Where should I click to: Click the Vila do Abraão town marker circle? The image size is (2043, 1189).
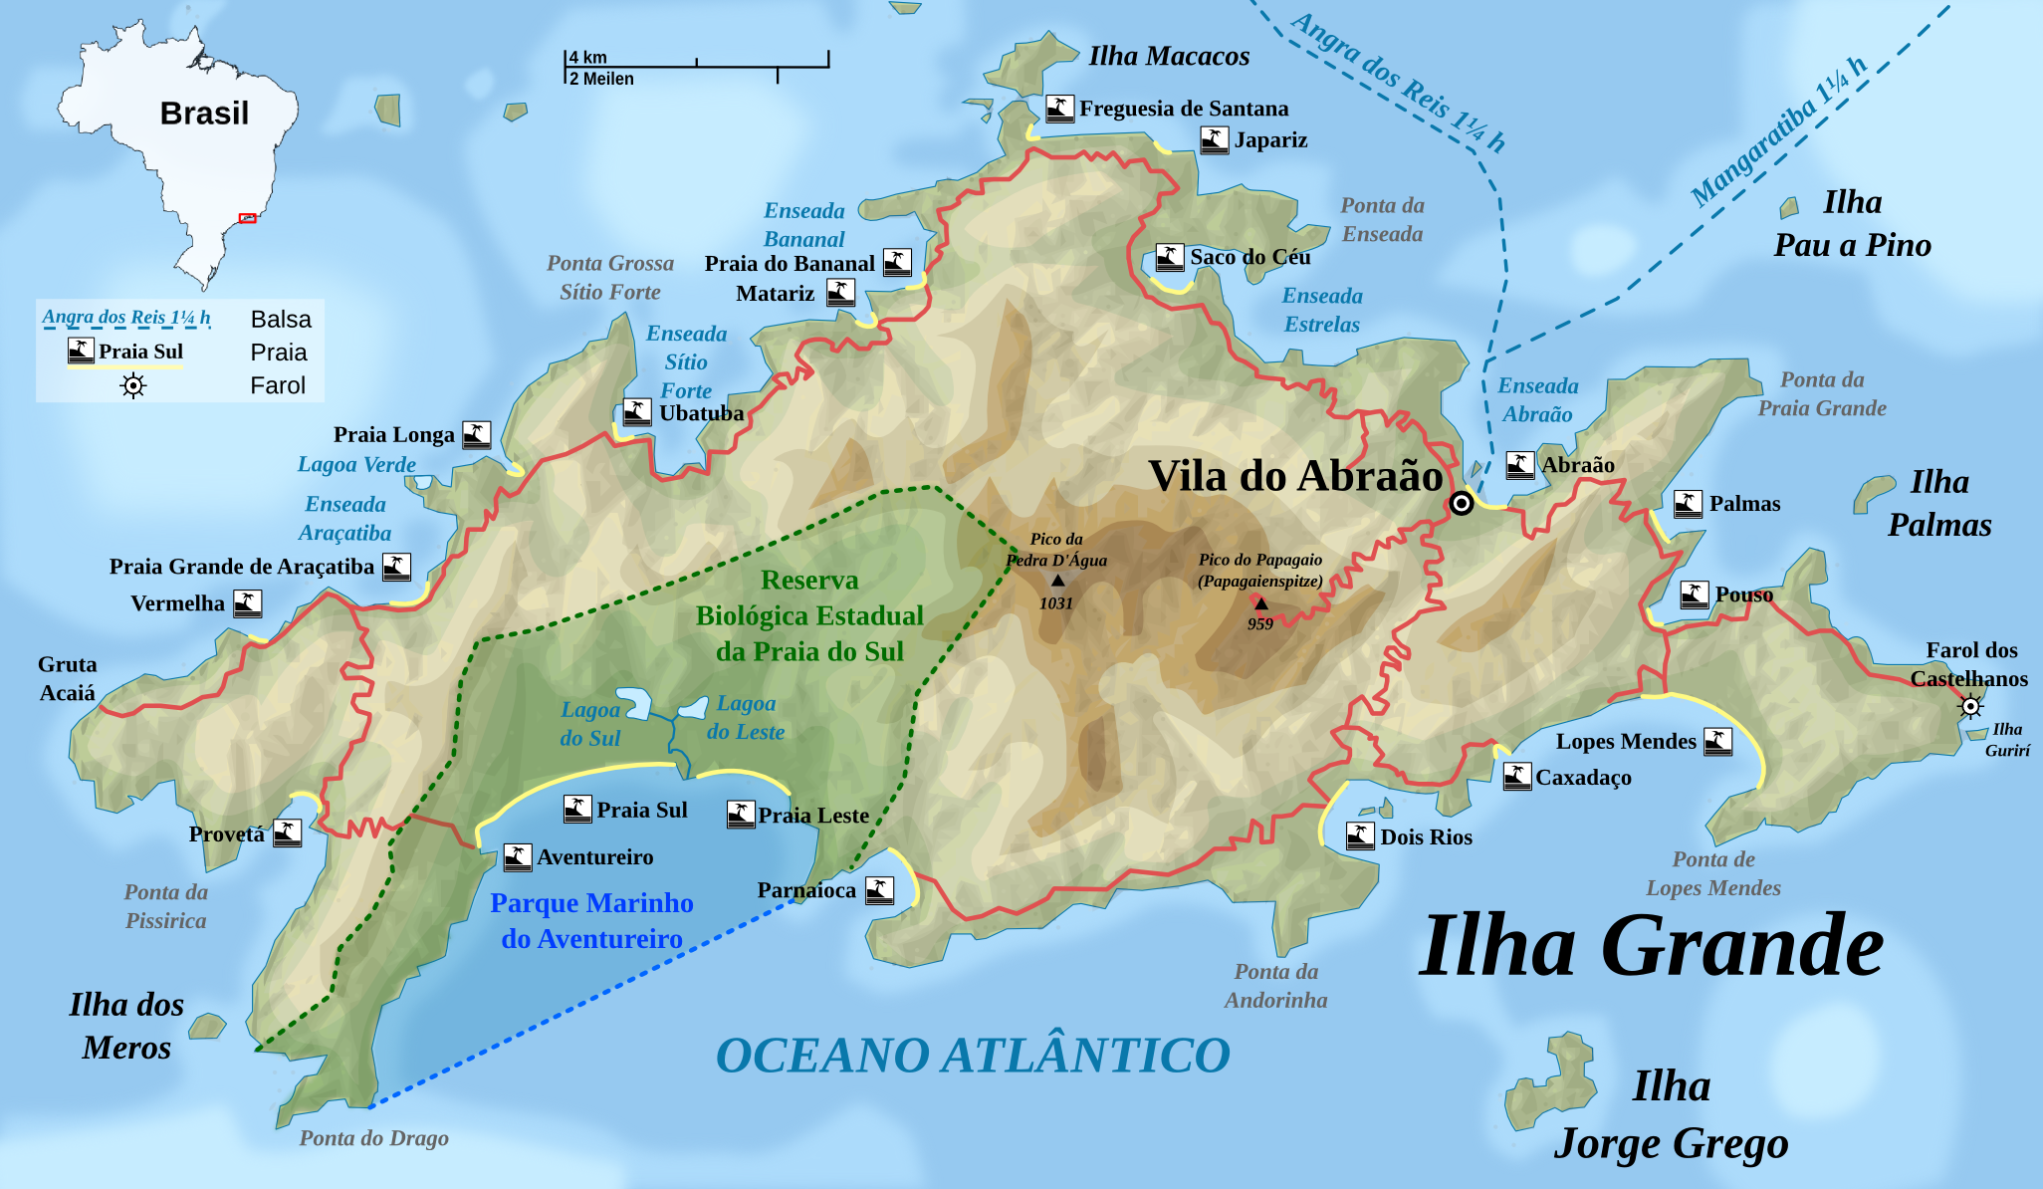coord(1461,503)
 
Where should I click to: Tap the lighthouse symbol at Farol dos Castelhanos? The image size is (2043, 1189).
coord(1969,707)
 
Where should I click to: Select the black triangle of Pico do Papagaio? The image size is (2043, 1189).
coord(1261,602)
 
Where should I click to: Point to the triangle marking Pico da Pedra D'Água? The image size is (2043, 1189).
coord(1057,581)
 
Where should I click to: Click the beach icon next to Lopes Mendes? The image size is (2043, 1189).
coord(1717,741)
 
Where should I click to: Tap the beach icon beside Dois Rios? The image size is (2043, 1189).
coord(1360,835)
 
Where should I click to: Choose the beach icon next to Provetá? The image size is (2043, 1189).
coord(287,832)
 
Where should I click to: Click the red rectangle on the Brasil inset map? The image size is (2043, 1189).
coord(248,218)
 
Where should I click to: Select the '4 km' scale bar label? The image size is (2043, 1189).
coord(587,58)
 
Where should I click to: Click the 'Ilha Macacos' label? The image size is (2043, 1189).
coord(1169,57)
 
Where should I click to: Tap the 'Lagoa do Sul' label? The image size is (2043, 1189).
coord(590,724)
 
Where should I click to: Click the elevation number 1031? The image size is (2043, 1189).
coord(1056,603)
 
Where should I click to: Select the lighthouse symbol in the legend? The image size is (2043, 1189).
coord(132,385)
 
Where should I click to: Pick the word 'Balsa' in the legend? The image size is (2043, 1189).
coord(281,320)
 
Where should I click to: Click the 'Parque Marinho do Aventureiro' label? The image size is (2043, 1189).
coord(591,921)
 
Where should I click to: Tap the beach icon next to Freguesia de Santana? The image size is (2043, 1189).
coord(1059,108)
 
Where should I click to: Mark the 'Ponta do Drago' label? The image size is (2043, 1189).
coord(373,1138)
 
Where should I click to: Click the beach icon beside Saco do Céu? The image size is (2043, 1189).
coord(1170,257)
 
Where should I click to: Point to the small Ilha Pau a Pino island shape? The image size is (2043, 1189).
coord(1789,207)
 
